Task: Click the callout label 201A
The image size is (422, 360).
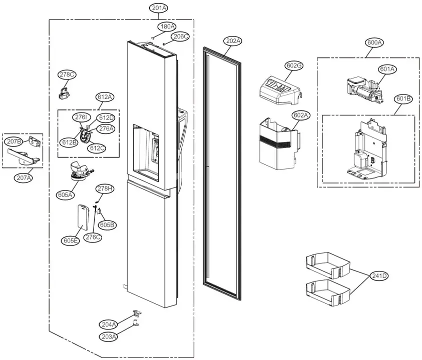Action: (159, 8)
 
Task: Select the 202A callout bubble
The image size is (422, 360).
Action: (233, 41)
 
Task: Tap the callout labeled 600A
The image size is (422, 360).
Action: (375, 42)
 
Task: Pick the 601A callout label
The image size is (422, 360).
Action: (387, 69)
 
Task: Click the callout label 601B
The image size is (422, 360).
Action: (403, 98)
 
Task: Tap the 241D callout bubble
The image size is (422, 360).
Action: (379, 275)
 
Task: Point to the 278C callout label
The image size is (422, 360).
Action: (67, 74)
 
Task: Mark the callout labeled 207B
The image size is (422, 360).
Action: (14, 141)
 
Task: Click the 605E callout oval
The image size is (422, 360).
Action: (71, 240)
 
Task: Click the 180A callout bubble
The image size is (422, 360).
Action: (167, 26)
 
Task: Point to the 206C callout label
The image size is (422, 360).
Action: (180, 36)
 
